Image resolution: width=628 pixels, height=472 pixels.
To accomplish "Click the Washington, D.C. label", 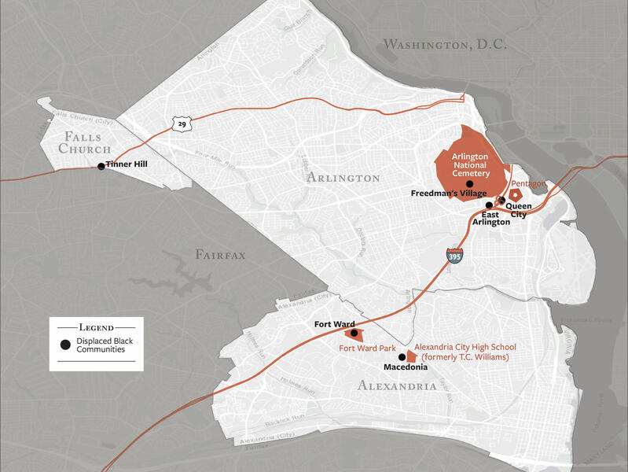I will pyautogui.click(x=444, y=45).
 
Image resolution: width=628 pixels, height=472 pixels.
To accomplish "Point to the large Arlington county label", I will pyautogui.click(x=343, y=178).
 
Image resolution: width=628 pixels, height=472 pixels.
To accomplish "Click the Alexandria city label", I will pyautogui.click(x=397, y=385).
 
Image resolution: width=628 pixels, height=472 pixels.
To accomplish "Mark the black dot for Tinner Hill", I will pyautogui.click(x=101, y=166).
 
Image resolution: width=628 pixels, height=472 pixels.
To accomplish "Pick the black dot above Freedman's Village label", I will pyautogui.click(x=470, y=183).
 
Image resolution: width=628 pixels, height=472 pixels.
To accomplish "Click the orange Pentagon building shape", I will pyautogui.click(x=516, y=195).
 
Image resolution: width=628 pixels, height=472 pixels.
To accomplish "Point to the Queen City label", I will pyautogui.click(x=519, y=211).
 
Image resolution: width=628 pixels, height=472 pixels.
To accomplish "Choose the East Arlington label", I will pyautogui.click(x=490, y=218).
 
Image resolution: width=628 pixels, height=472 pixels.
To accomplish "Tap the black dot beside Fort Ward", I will pyautogui.click(x=354, y=333).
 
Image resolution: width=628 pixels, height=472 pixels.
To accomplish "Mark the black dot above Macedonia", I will pyautogui.click(x=402, y=356).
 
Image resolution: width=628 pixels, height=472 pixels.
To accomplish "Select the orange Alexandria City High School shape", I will pyautogui.click(x=411, y=356).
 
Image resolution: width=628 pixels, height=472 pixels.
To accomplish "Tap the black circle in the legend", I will pyautogui.click(x=65, y=345).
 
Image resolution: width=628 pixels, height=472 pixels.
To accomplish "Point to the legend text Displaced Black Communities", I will pyautogui.click(x=101, y=345).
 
